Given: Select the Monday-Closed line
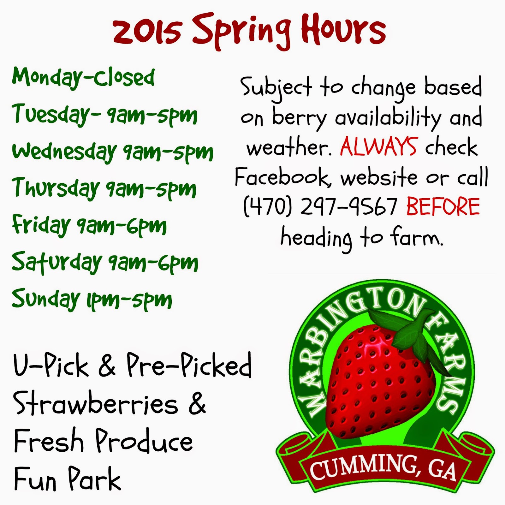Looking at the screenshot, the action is pyautogui.click(x=83, y=78).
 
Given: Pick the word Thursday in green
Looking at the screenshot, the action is pyautogui.click(x=56, y=187).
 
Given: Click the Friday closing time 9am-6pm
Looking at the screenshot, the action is pyautogui.click(x=122, y=225).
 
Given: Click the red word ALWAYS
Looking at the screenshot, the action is pyautogui.click(x=379, y=147).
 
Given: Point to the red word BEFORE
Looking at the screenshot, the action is pyautogui.click(x=443, y=206).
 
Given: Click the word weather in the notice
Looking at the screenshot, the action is pyautogui.click(x=289, y=148).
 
